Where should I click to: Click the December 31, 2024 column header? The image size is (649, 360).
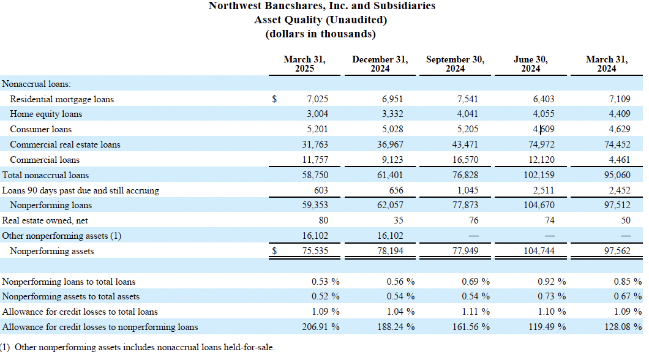[x=380, y=64]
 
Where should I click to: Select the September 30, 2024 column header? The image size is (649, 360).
[x=456, y=64]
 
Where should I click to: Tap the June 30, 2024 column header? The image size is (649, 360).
[x=531, y=64]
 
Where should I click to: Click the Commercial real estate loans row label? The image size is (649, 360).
[x=65, y=144]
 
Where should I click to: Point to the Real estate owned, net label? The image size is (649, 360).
[x=45, y=220]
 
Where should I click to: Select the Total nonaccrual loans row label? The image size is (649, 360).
[x=45, y=175]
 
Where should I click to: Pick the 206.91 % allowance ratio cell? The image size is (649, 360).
[x=321, y=327]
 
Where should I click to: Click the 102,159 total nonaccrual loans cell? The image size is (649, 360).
[x=539, y=175]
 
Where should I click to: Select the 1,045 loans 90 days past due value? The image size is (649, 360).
[x=467, y=190]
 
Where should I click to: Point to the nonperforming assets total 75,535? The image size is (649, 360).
[x=315, y=251]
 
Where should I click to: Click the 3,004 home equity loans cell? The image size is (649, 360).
[x=318, y=114]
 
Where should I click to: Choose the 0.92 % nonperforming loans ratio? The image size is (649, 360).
[x=552, y=282]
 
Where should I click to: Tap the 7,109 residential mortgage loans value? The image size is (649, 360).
[x=620, y=99]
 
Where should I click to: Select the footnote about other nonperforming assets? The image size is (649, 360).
[x=137, y=347]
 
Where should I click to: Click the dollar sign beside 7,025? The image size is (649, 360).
[x=274, y=99]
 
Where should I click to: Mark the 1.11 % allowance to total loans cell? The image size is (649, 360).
[x=476, y=312]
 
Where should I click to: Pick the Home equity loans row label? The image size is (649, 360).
[x=46, y=114]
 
